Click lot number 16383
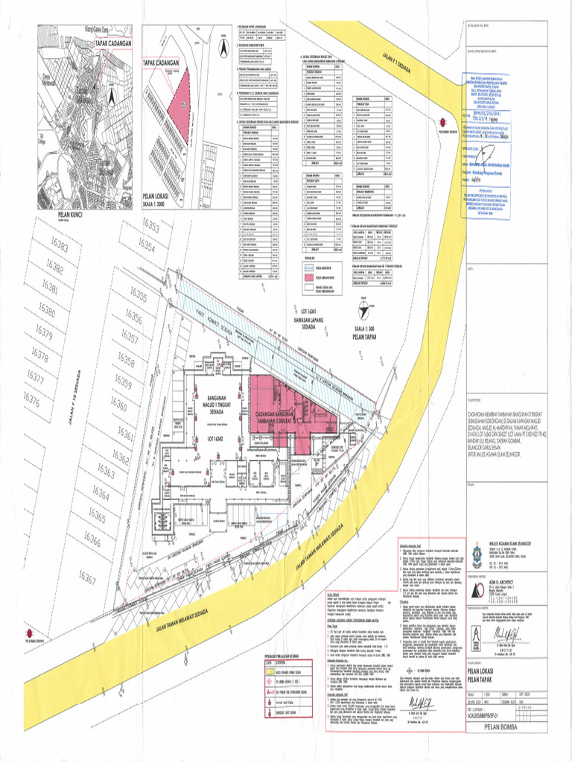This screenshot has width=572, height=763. [x=61, y=246]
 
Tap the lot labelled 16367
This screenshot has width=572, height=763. [x=87, y=578]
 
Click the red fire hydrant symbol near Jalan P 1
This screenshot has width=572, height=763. [x=442, y=124]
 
